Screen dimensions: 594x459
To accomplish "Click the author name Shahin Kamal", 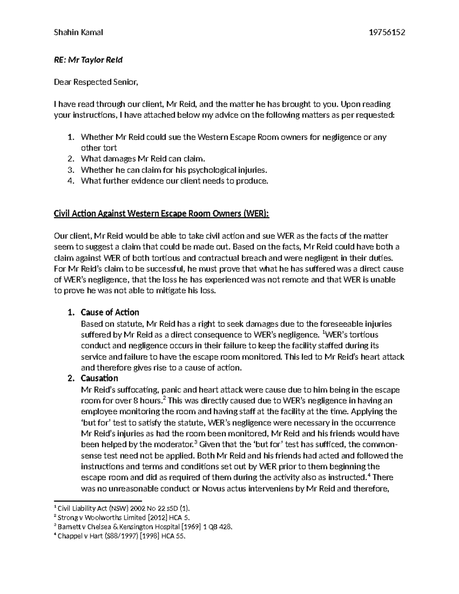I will (x=78, y=33).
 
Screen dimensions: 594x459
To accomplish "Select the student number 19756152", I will (x=386, y=33).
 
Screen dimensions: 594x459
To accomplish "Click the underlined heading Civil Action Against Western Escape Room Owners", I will (x=162, y=214).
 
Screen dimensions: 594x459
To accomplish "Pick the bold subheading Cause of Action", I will (x=110, y=312).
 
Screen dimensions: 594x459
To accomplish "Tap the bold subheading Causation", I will (x=99, y=378).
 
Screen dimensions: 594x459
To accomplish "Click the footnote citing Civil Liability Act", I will (x=122, y=509).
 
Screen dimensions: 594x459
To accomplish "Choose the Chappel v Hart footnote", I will (x=121, y=536).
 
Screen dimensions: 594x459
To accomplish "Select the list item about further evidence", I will (x=174, y=181).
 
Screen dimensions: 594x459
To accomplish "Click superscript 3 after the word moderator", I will (x=195, y=442).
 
